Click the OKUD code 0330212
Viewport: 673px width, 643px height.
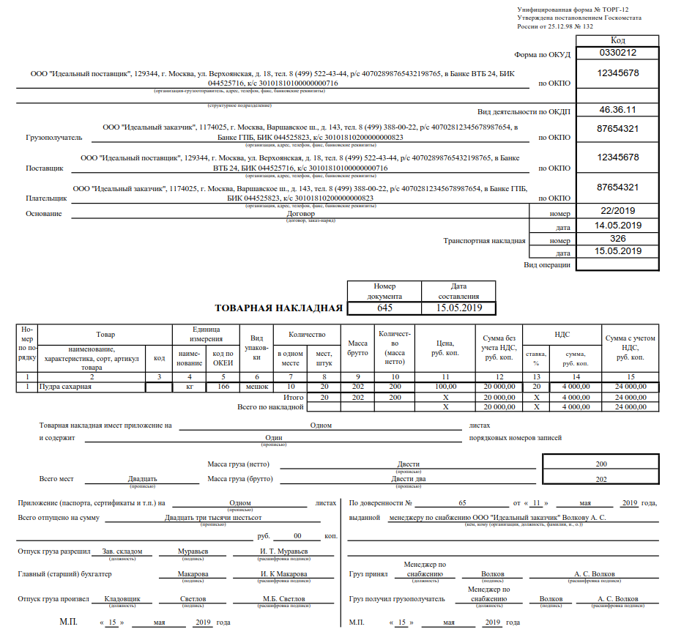point(617,53)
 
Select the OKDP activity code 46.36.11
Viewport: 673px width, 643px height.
point(617,110)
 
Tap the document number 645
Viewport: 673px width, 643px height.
point(384,308)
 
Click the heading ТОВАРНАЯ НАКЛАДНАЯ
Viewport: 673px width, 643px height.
point(278,308)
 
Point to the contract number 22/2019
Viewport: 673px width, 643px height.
point(617,211)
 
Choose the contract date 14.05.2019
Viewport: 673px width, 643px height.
point(617,225)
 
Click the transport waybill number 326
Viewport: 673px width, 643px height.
point(617,239)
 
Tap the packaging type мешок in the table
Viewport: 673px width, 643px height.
point(256,386)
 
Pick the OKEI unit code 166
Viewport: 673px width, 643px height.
point(224,386)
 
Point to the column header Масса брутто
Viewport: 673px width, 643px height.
point(357,348)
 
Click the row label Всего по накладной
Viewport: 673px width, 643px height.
point(270,406)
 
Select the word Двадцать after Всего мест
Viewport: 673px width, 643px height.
point(142,478)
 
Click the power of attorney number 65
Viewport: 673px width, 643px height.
point(462,503)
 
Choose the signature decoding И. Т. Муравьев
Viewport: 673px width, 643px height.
point(284,551)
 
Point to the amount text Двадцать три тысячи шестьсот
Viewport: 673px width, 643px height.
point(213,517)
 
